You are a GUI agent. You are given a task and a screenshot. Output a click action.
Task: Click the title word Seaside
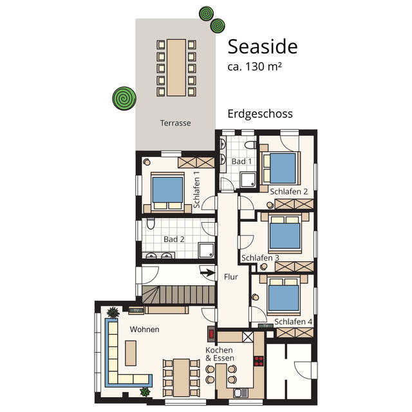pyautogui.click(x=262, y=46)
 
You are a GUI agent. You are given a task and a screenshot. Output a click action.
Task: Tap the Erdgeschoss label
pyautogui.click(x=260, y=114)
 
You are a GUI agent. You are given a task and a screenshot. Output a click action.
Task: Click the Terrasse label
pyautogui.click(x=175, y=122)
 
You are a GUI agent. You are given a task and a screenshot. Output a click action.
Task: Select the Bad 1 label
pyautogui.click(x=241, y=161)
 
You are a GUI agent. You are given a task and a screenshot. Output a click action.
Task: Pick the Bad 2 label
pyautogui.click(x=174, y=239)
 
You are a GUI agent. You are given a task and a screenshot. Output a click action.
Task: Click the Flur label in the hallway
pyautogui.click(x=231, y=277)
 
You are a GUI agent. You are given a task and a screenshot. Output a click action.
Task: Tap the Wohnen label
pyautogui.click(x=144, y=329)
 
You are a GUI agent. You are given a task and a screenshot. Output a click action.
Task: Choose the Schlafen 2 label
pyautogui.click(x=289, y=191)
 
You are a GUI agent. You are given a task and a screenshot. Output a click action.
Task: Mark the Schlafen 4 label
pyautogui.click(x=293, y=321)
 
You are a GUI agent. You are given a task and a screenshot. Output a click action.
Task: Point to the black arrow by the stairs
pyautogui.click(x=207, y=272)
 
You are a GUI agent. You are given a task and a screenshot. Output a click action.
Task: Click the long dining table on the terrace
pyautogui.click(x=176, y=67)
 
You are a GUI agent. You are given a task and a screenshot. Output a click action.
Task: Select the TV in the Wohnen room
pyautogui.click(x=135, y=311)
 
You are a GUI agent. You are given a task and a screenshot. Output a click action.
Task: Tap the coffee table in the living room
pyautogui.click(x=131, y=352)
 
